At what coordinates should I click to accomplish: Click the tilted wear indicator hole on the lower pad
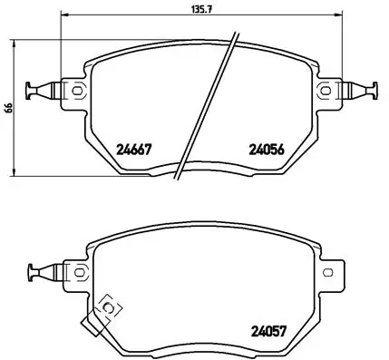(112, 307)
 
